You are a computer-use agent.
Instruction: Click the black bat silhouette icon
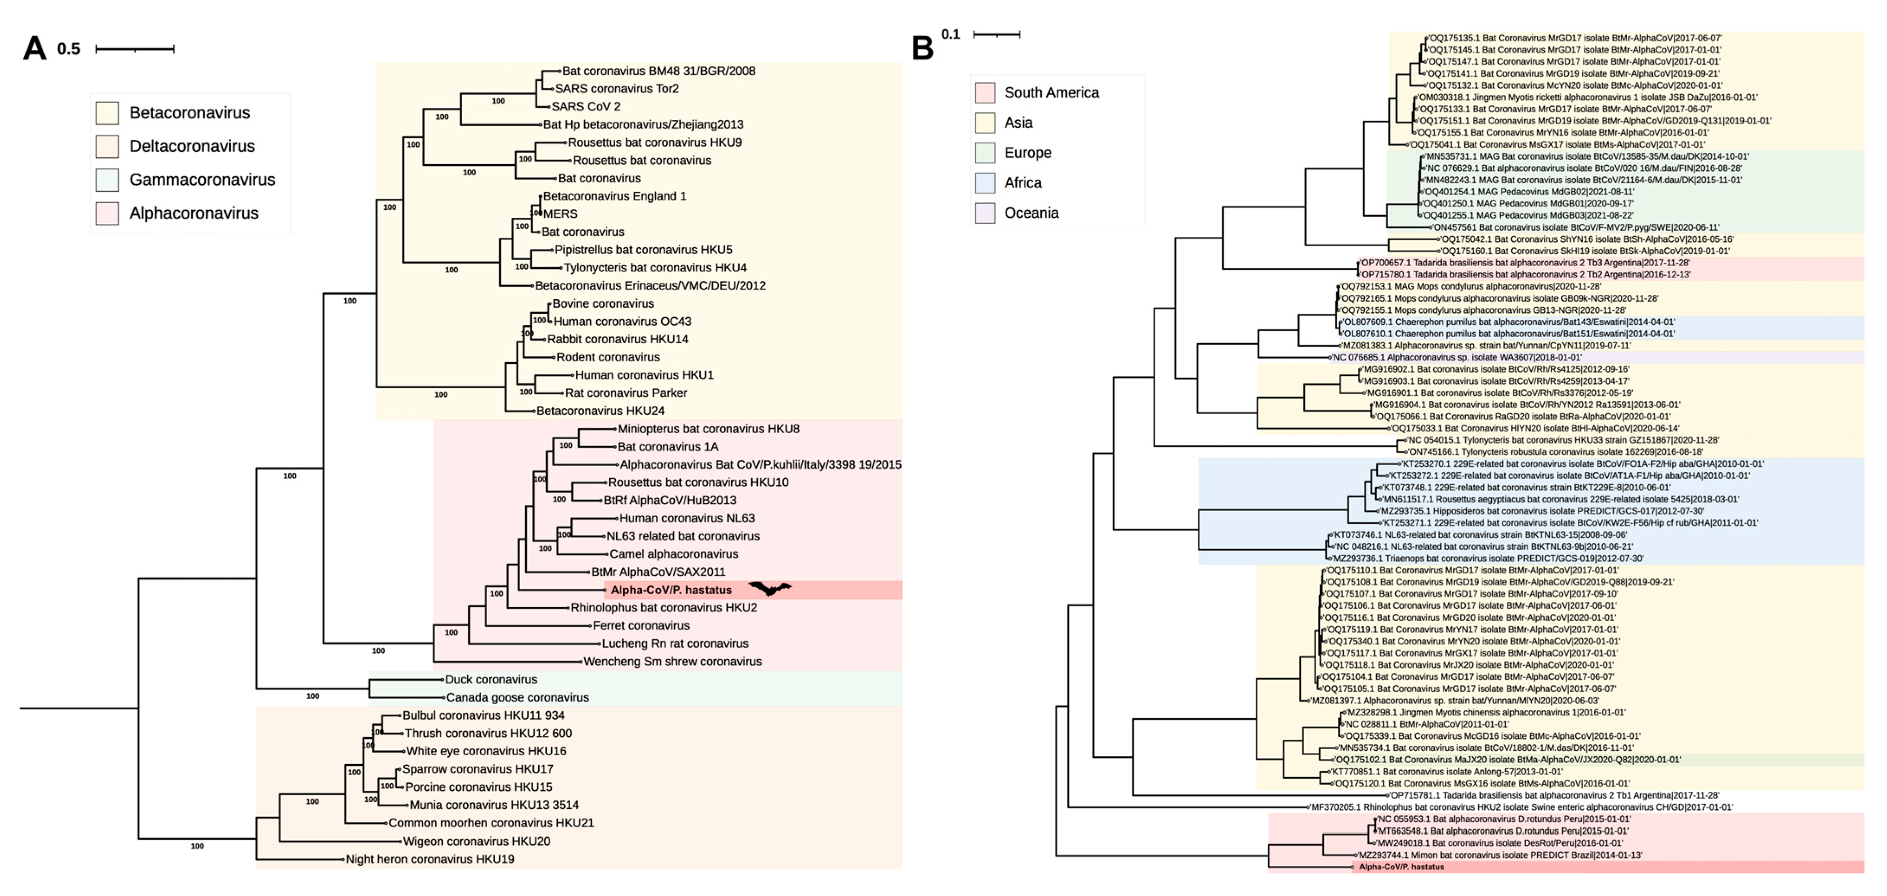click(x=769, y=588)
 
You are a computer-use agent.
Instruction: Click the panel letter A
click(x=35, y=48)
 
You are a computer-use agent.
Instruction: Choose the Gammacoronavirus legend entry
click(x=202, y=180)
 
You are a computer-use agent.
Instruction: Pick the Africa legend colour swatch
click(x=985, y=182)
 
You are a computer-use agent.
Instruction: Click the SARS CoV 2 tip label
click(x=585, y=106)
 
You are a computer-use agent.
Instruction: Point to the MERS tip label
click(x=560, y=214)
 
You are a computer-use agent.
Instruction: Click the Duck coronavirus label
click(x=491, y=679)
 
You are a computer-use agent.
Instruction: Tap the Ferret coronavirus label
click(x=641, y=625)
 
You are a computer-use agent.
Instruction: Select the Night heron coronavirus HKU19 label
click(x=430, y=859)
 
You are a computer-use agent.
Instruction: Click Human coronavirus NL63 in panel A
click(x=687, y=518)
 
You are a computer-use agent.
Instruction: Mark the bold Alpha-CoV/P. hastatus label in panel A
click(x=671, y=590)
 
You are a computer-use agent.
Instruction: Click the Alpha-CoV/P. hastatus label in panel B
click(x=1402, y=867)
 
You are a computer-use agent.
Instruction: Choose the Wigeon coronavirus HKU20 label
click(x=476, y=841)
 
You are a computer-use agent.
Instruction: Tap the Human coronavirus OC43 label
click(x=622, y=321)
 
